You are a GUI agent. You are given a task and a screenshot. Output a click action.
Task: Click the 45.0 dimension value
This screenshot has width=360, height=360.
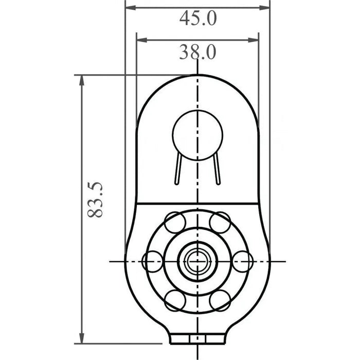pyautogui.click(x=198, y=19)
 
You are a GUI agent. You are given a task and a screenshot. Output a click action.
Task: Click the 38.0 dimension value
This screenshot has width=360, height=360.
pyautogui.click(x=197, y=52)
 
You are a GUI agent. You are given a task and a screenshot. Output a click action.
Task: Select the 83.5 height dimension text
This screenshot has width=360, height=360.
pyautogui.click(x=95, y=200)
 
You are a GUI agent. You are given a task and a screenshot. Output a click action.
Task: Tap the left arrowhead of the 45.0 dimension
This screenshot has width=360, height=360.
pyautogui.click(x=131, y=8)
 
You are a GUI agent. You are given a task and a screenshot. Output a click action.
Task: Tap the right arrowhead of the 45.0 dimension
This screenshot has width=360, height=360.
pyautogui.click(x=264, y=8)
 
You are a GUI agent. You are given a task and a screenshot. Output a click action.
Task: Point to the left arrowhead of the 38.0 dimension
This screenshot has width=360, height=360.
pyautogui.click(x=142, y=40)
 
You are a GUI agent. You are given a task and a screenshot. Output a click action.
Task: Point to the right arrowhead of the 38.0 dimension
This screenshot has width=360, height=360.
pyautogui.click(x=254, y=40)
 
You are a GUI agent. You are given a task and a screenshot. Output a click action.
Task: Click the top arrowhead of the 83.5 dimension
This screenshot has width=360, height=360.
pyautogui.click(x=81, y=80)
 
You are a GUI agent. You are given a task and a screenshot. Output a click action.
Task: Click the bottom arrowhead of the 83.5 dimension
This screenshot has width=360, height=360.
pyautogui.click(x=81, y=338)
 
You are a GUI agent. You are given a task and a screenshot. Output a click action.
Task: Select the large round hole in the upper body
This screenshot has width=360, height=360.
pyautogui.click(x=197, y=135)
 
